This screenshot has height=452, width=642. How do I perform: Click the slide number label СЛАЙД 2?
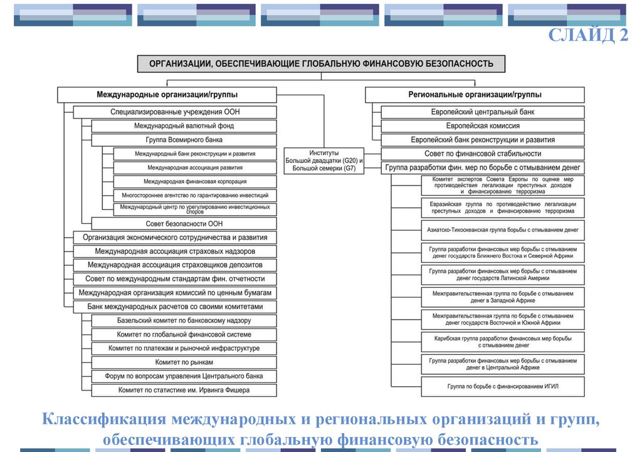tap(588, 35)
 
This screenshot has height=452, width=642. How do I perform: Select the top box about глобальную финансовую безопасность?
tap(321, 64)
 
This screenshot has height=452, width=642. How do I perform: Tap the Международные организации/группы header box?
tap(167, 95)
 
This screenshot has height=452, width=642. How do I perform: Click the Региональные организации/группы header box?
tap(475, 95)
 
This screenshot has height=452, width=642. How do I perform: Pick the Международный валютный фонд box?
tap(184, 126)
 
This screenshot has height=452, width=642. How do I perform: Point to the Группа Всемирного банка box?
tap(184, 140)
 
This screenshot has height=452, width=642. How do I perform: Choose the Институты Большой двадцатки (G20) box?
tap(324, 160)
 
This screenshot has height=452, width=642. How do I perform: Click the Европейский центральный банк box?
tap(482, 112)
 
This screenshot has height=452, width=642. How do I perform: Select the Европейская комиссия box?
tap(482, 126)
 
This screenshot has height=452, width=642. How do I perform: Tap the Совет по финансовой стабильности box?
tap(482, 154)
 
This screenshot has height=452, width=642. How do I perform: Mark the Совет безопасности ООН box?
tap(184, 223)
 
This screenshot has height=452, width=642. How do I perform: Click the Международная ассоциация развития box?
tap(195, 168)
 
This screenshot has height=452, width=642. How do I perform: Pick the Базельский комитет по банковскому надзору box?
tap(184, 320)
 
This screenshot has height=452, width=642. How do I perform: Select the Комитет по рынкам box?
tap(184, 362)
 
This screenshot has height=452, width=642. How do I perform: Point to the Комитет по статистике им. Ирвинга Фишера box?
tap(184, 390)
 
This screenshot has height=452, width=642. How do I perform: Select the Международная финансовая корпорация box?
tap(195, 182)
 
